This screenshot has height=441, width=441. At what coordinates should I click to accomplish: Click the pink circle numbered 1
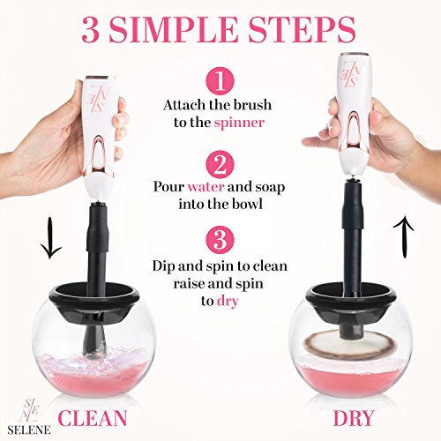220,81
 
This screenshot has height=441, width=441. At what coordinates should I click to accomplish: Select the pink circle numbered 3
220,240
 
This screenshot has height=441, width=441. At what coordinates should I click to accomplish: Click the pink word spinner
239,123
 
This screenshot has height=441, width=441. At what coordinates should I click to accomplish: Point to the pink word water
206,187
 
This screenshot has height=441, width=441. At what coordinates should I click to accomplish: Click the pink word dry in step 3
228,301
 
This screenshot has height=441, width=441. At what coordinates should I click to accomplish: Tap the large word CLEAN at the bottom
93,418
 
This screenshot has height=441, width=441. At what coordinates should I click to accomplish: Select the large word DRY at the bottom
353,418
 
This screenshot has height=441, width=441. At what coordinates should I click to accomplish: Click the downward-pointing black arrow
51,238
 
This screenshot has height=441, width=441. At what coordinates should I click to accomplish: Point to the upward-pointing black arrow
404,237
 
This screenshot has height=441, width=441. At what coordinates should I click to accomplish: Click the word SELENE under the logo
29,430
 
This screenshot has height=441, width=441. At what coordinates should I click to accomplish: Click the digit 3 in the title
89,29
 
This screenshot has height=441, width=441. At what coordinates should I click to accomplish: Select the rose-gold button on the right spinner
354,131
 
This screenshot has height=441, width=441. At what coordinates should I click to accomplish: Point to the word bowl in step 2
249,204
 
